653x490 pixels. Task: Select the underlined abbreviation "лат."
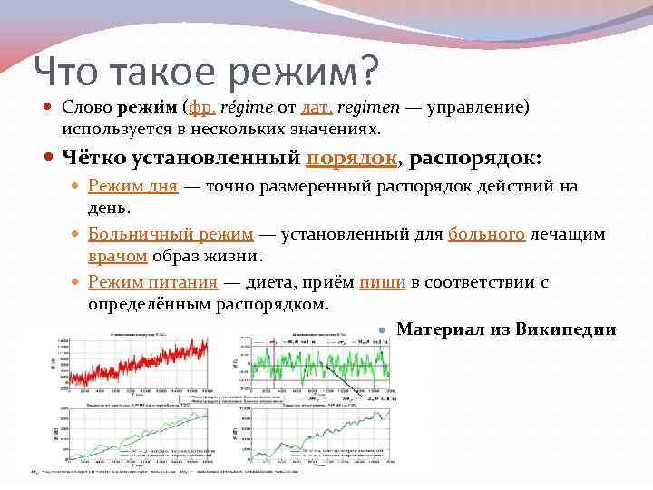tap(317, 107)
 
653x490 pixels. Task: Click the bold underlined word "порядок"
tap(352, 159)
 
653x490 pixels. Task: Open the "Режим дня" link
tap(132, 187)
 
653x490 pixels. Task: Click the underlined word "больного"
tap(487, 234)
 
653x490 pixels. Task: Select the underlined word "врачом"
tap(118, 257)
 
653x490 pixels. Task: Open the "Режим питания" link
tap(152, 282)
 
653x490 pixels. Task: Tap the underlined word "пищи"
tap(382, 282)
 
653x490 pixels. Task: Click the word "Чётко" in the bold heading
tap(94, 159)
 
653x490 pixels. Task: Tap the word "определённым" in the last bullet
tap(150, 304)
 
